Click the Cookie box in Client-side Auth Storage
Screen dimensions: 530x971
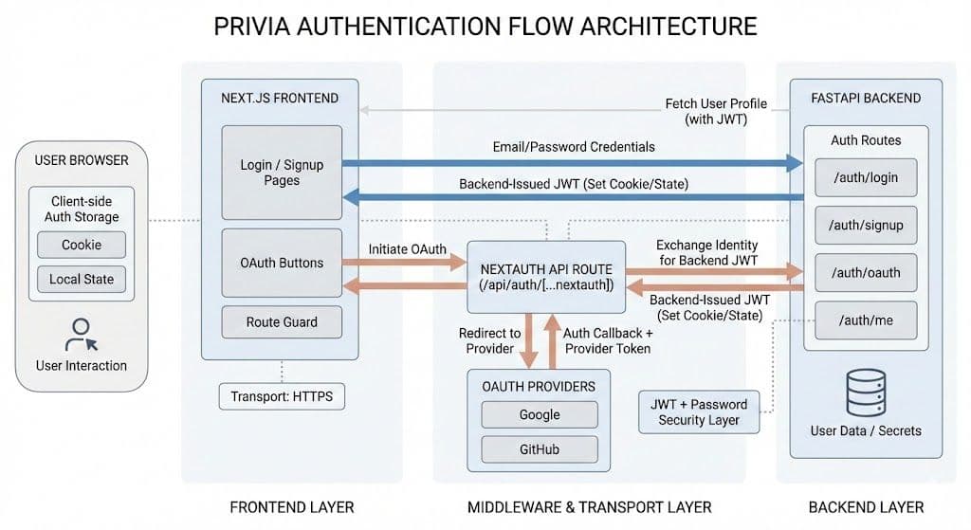[x=82, y=245]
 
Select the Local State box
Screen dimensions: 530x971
[x=82, y=280]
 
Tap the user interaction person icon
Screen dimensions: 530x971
[x=80, y=334]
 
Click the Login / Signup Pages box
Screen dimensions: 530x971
[x=282, y=173]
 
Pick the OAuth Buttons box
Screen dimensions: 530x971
[x=282, y=263]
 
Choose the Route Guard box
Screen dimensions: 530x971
[x=282, y=322]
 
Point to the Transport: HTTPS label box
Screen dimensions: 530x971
[x=282, y=396]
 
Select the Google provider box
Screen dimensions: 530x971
[x=540, y=414]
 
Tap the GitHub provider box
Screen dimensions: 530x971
[x=540, y=448]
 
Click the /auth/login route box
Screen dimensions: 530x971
[x=865, y=177]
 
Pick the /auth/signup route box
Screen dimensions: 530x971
[x=865, y=226]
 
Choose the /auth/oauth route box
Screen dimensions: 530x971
[x=865, y=273]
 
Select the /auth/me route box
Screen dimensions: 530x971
[x=865, y=320]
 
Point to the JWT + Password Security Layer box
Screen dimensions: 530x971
[x=699, y=411]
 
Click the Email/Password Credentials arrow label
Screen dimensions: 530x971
[x=574, y=147]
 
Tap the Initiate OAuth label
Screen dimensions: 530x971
[x=408, y=249]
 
